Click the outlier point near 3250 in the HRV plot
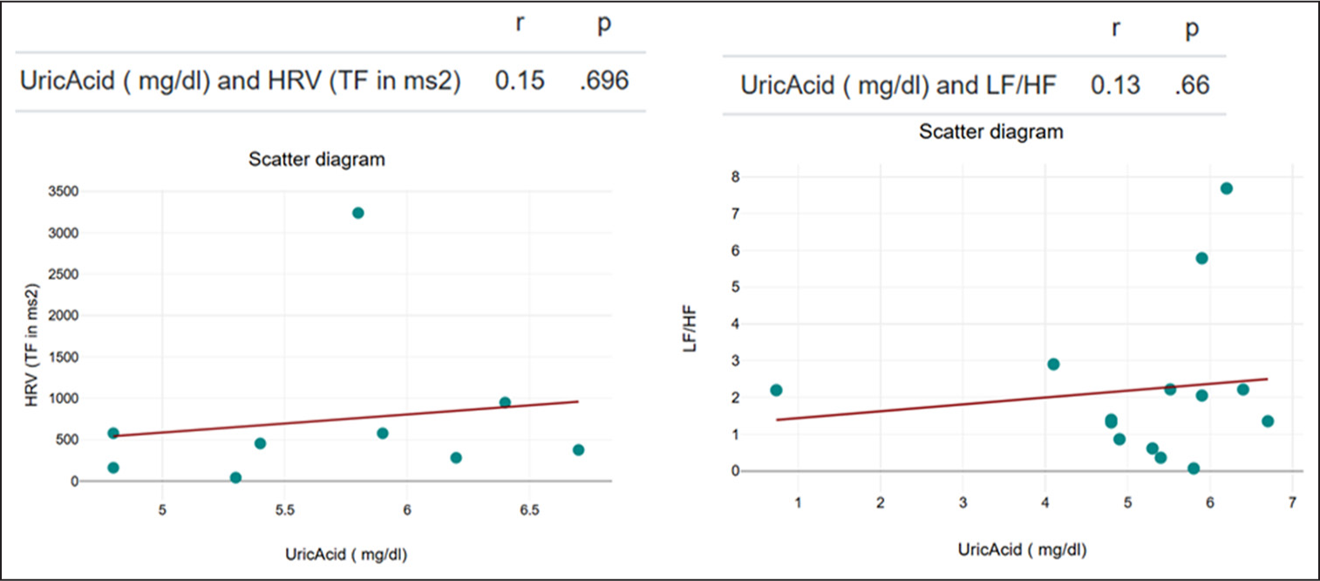coord(357,213)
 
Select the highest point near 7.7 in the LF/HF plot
coord(1226,188)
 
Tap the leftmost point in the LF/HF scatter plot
coord(776,390)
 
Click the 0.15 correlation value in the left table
coord(520,81)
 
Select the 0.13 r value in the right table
coord(1115,86)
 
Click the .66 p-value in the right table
coord(1191,86)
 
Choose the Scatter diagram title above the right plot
coord(991,132)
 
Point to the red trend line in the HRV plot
coord(349,419)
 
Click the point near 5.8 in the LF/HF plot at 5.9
coord(1201,258)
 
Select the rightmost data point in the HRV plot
coord(578,450)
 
